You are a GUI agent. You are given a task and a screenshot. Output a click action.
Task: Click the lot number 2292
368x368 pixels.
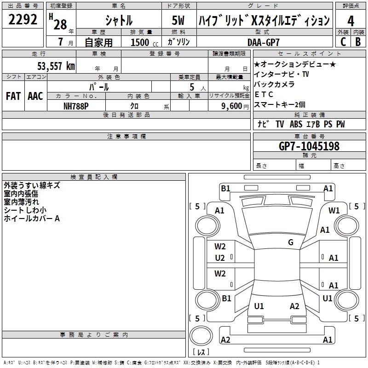point(23,19)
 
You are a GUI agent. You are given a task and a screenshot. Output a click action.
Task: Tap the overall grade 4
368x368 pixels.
point(351,21)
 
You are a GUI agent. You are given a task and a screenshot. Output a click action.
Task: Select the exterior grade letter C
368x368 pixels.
point(343,42)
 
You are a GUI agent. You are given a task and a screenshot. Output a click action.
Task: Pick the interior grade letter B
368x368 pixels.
point(358,42)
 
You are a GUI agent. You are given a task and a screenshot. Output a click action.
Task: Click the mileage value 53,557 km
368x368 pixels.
point(56,66)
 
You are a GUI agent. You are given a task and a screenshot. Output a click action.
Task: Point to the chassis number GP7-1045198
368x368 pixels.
point(309,146)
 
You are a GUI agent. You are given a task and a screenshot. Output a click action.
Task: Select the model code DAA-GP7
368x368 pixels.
point(264,42)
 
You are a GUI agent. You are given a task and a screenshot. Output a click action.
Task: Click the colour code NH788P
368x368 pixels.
point(76,106)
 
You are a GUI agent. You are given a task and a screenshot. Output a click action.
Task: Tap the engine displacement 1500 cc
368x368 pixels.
point(144,42)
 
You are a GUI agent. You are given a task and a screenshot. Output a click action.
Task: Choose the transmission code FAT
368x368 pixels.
point(13,96)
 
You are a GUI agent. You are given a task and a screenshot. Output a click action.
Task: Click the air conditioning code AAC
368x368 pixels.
point(35,96)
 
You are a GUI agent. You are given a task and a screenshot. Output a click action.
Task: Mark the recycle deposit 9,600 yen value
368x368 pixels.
point(235,106)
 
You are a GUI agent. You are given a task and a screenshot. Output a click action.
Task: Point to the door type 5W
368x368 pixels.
point(178,20)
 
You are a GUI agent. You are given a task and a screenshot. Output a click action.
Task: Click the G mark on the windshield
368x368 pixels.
point(291,242)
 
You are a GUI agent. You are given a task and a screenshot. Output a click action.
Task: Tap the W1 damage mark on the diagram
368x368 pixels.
point(334,211)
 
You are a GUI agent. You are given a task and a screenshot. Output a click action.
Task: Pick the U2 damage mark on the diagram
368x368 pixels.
point(220,258)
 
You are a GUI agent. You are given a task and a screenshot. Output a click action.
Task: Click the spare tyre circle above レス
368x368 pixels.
point(201,336)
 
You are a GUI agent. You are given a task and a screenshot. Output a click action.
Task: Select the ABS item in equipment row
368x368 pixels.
point(296,124)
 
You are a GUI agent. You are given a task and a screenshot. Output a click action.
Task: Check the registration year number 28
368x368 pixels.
point(60,24)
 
